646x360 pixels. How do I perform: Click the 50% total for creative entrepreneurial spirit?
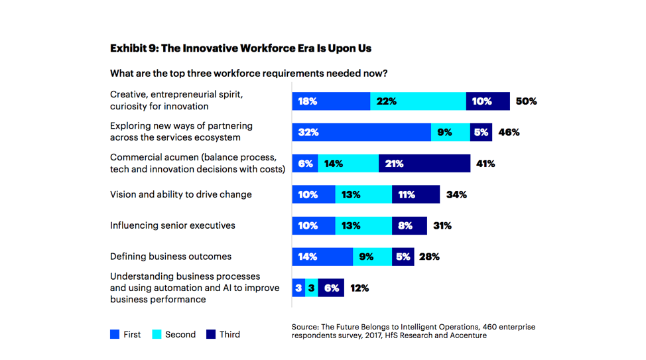tap(526, 101)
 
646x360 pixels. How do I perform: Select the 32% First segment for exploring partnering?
tap(361, 132)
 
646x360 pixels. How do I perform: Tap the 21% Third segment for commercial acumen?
tap(424, 163)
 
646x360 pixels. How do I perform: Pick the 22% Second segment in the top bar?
tap(418, 101)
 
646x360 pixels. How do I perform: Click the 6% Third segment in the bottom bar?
tap(331, 288)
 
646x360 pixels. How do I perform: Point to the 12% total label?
tap(359, 288)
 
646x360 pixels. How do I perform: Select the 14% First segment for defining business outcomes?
tap(322, 257)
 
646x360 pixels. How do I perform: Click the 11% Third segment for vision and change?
tap(416, 194)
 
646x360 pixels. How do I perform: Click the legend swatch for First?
tap(115, 335)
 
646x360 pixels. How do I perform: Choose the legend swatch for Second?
tap(157, 335)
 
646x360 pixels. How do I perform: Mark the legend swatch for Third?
tap(211, 335)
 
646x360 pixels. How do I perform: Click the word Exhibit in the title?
tap(129, 48)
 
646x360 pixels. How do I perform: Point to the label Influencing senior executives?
tap(172, 225)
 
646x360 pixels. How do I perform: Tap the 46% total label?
tap(509, 132)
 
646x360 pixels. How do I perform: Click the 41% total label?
tap(484, 163)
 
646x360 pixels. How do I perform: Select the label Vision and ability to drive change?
tap(180, 194)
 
